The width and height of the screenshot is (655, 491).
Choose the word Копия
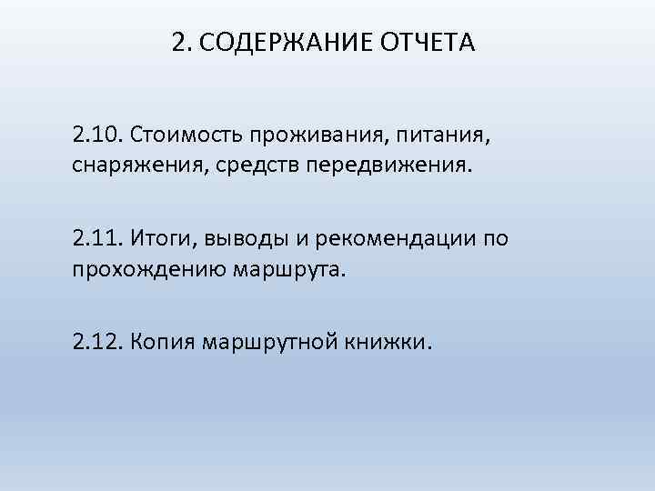pyautogui.click(x=164, y=343)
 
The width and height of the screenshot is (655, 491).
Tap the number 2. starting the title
pyautogui.click(x=178, y=43)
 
